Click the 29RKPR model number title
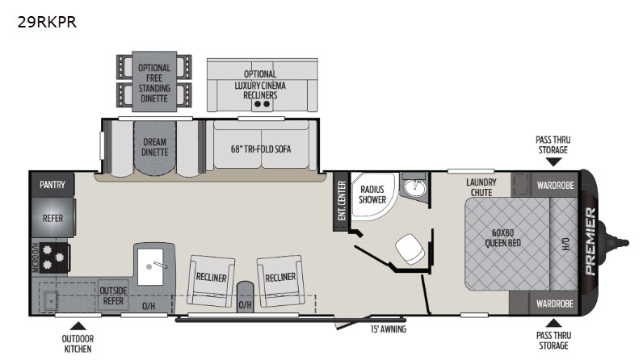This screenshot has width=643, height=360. coord(47,22)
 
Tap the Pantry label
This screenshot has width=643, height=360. coord(52,185)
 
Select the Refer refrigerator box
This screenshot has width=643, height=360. coord(53,218)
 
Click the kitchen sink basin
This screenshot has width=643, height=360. coord(150,266)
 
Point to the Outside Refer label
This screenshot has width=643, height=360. coord(113,295)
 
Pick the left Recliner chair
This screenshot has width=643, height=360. coord(211,281)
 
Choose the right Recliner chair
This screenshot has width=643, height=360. coord(281,281)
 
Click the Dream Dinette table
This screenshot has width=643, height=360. coord(154,148)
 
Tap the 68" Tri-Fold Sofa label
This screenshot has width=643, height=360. coord(261,149)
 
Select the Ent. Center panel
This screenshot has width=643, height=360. coord(341,201)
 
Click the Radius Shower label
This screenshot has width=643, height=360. coord(372,195)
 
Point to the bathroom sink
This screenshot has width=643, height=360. coord(415,188)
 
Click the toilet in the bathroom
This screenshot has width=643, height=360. coord(410,249)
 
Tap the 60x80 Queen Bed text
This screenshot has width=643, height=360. coord(502,238)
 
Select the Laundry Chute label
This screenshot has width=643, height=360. coord(481,187)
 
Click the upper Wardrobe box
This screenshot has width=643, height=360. coord(555,185)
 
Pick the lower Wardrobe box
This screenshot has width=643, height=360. coord(554,303)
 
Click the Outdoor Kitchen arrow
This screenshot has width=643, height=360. coord(78,326)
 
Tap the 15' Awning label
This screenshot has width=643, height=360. coord(389,329)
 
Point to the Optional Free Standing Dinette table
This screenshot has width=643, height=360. coord(154,82)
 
